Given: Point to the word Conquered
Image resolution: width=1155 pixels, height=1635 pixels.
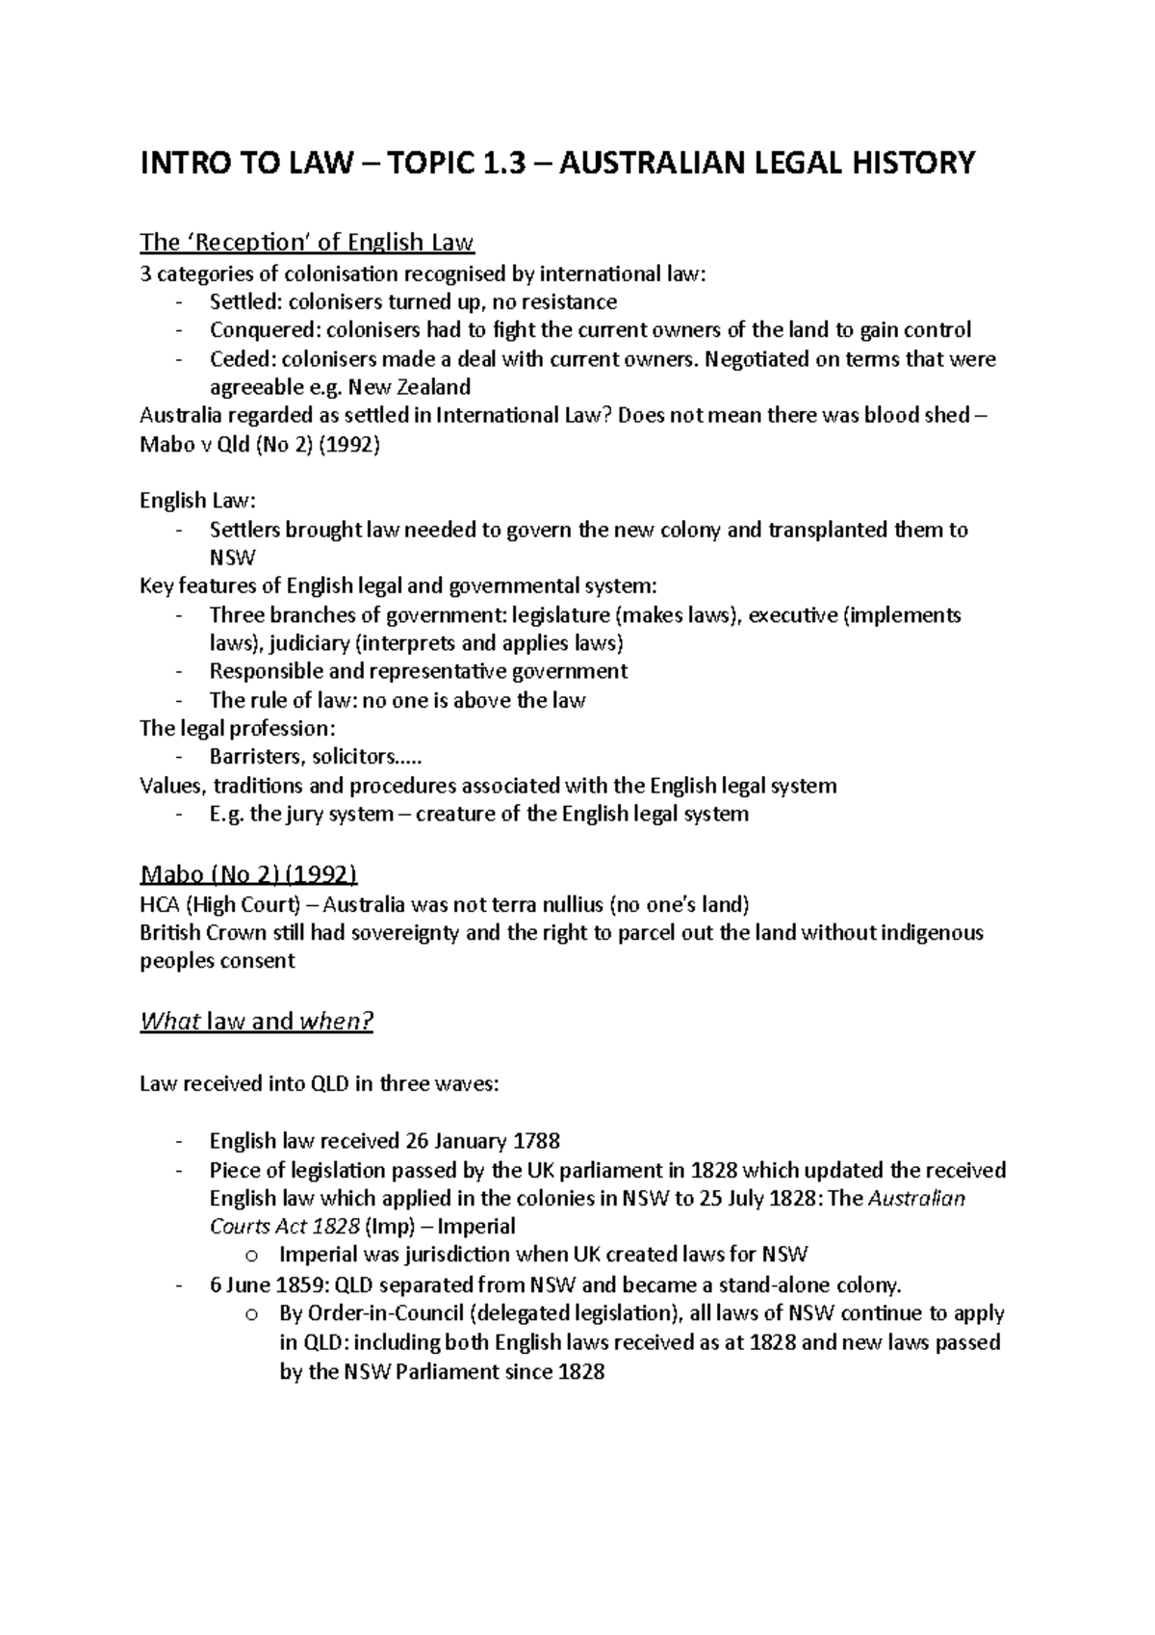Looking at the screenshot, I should [264, 330].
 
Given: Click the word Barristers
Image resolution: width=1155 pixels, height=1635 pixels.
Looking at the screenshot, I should [253, 757].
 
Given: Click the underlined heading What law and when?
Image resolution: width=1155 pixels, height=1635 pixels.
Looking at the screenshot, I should [256, 1022].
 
